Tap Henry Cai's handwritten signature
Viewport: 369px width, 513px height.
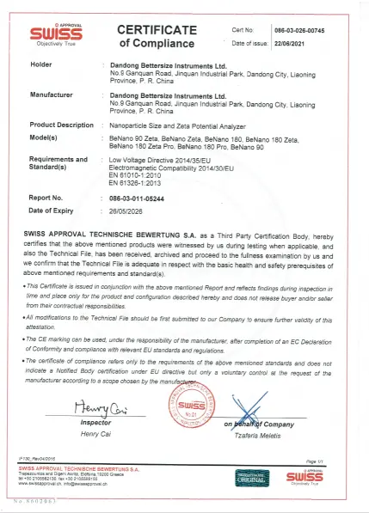pos(103,407)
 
